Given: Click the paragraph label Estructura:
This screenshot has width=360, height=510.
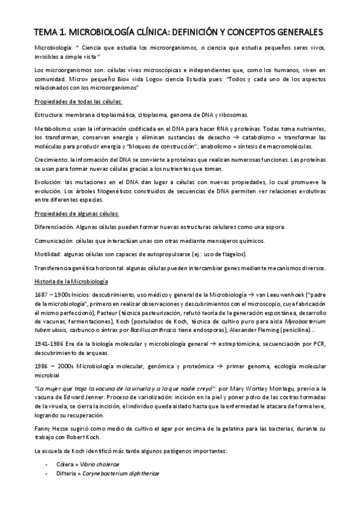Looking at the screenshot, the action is point(49,114).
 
